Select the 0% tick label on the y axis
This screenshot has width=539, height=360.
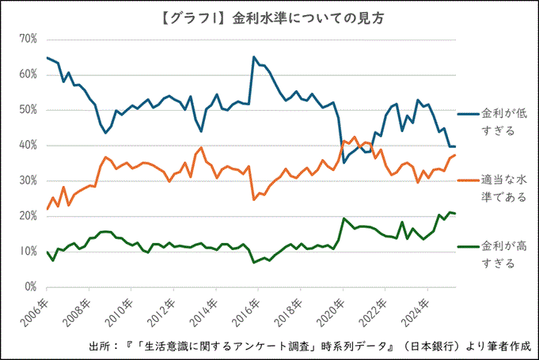[x=31, y=287]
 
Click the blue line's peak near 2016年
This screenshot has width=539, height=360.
[x=254, y=57]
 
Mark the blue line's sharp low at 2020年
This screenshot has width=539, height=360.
[x=344, y=162]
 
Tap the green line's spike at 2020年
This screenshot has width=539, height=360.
[x=344, y=218]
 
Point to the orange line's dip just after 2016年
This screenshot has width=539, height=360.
[x=254, y=199]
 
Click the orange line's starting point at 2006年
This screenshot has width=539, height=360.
[x=47, y=209]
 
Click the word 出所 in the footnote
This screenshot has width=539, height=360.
[x=97, y=346]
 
